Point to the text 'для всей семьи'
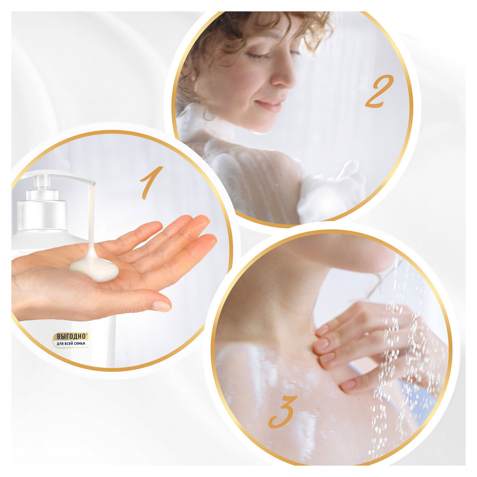pos(71,343)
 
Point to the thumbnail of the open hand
pos(161,306)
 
